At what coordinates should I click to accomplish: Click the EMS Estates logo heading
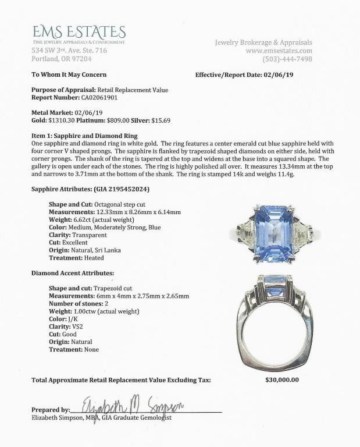click(x=79, y=31)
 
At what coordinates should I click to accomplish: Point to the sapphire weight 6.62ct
click(x=87, y=220)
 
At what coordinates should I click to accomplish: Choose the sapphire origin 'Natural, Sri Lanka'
click(x=98, y=250)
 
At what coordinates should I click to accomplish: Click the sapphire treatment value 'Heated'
click(x=92, y=257)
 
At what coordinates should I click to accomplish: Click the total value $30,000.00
click(x=278, y=380)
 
